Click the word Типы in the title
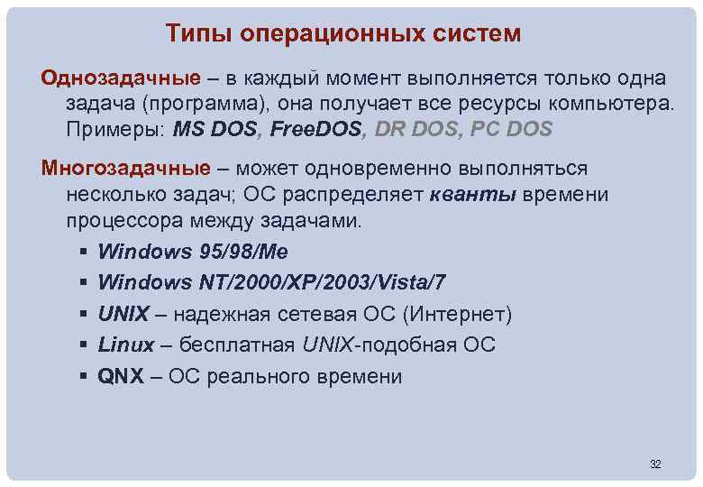point(195,33)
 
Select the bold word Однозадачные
point(122,78)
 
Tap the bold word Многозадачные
point(125,169)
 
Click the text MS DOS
point(214,129)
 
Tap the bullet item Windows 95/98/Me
point(193,252)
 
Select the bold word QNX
point(121,376)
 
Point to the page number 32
point(655,464)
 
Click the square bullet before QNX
point(83,376)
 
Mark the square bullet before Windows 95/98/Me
point(83,252)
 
